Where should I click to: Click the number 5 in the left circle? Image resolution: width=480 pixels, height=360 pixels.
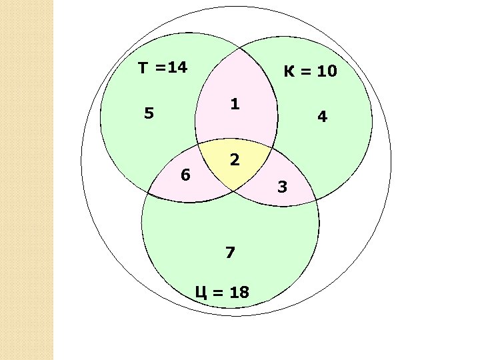(149, 113)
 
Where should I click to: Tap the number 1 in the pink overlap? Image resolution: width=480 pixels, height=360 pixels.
(235, 105)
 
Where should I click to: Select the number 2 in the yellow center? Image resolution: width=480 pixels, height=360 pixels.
(234, 160)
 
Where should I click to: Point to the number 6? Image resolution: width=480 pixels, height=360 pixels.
(187, 175)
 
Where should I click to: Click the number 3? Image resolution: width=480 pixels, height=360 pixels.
(282, 187)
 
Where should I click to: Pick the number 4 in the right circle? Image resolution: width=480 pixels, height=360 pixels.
(323, 117)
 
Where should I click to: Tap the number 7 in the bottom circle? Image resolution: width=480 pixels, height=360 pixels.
(231, 253)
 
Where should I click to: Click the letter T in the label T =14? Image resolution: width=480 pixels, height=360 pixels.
(143, 67)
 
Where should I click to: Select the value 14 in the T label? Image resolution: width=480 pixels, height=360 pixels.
(178, 67)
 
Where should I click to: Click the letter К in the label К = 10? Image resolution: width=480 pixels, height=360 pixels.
(289, 71)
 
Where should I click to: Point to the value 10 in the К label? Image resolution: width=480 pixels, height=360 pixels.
(327, 71)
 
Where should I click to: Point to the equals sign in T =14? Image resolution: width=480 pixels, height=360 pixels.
(161, 68)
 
